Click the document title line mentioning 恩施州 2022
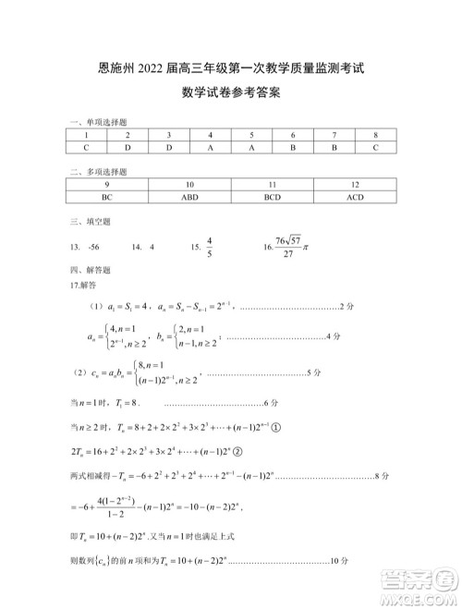point(231,67)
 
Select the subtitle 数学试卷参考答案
point(231,92)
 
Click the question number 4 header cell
point(211,134)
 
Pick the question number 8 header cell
point(376,134)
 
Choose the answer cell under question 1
point(86,147)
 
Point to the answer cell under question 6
point(293,147)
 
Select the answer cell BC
point(107,197)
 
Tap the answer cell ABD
point(189,197)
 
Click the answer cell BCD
point(272,197)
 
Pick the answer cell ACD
point(355,197)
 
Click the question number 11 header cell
point(272,184)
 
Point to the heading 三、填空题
point(90,222)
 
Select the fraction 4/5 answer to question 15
point(209,247)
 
